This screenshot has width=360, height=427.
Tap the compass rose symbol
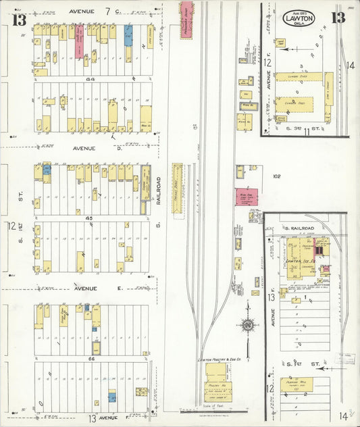pos(248,325)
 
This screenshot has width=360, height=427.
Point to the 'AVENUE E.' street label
pos(86,288)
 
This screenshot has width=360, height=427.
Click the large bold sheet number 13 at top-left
pos(18,18)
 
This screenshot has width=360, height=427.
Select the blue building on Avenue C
pos(128,36)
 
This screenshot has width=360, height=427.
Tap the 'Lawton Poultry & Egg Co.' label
pos(219,360)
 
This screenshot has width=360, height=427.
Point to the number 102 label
pos(276,177)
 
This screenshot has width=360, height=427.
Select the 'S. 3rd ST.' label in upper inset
pos(297,128)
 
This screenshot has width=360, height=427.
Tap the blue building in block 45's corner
pos(47,170)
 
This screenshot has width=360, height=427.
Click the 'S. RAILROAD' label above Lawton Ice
pos(297,230)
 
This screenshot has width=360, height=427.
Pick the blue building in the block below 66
pos(112,397)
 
